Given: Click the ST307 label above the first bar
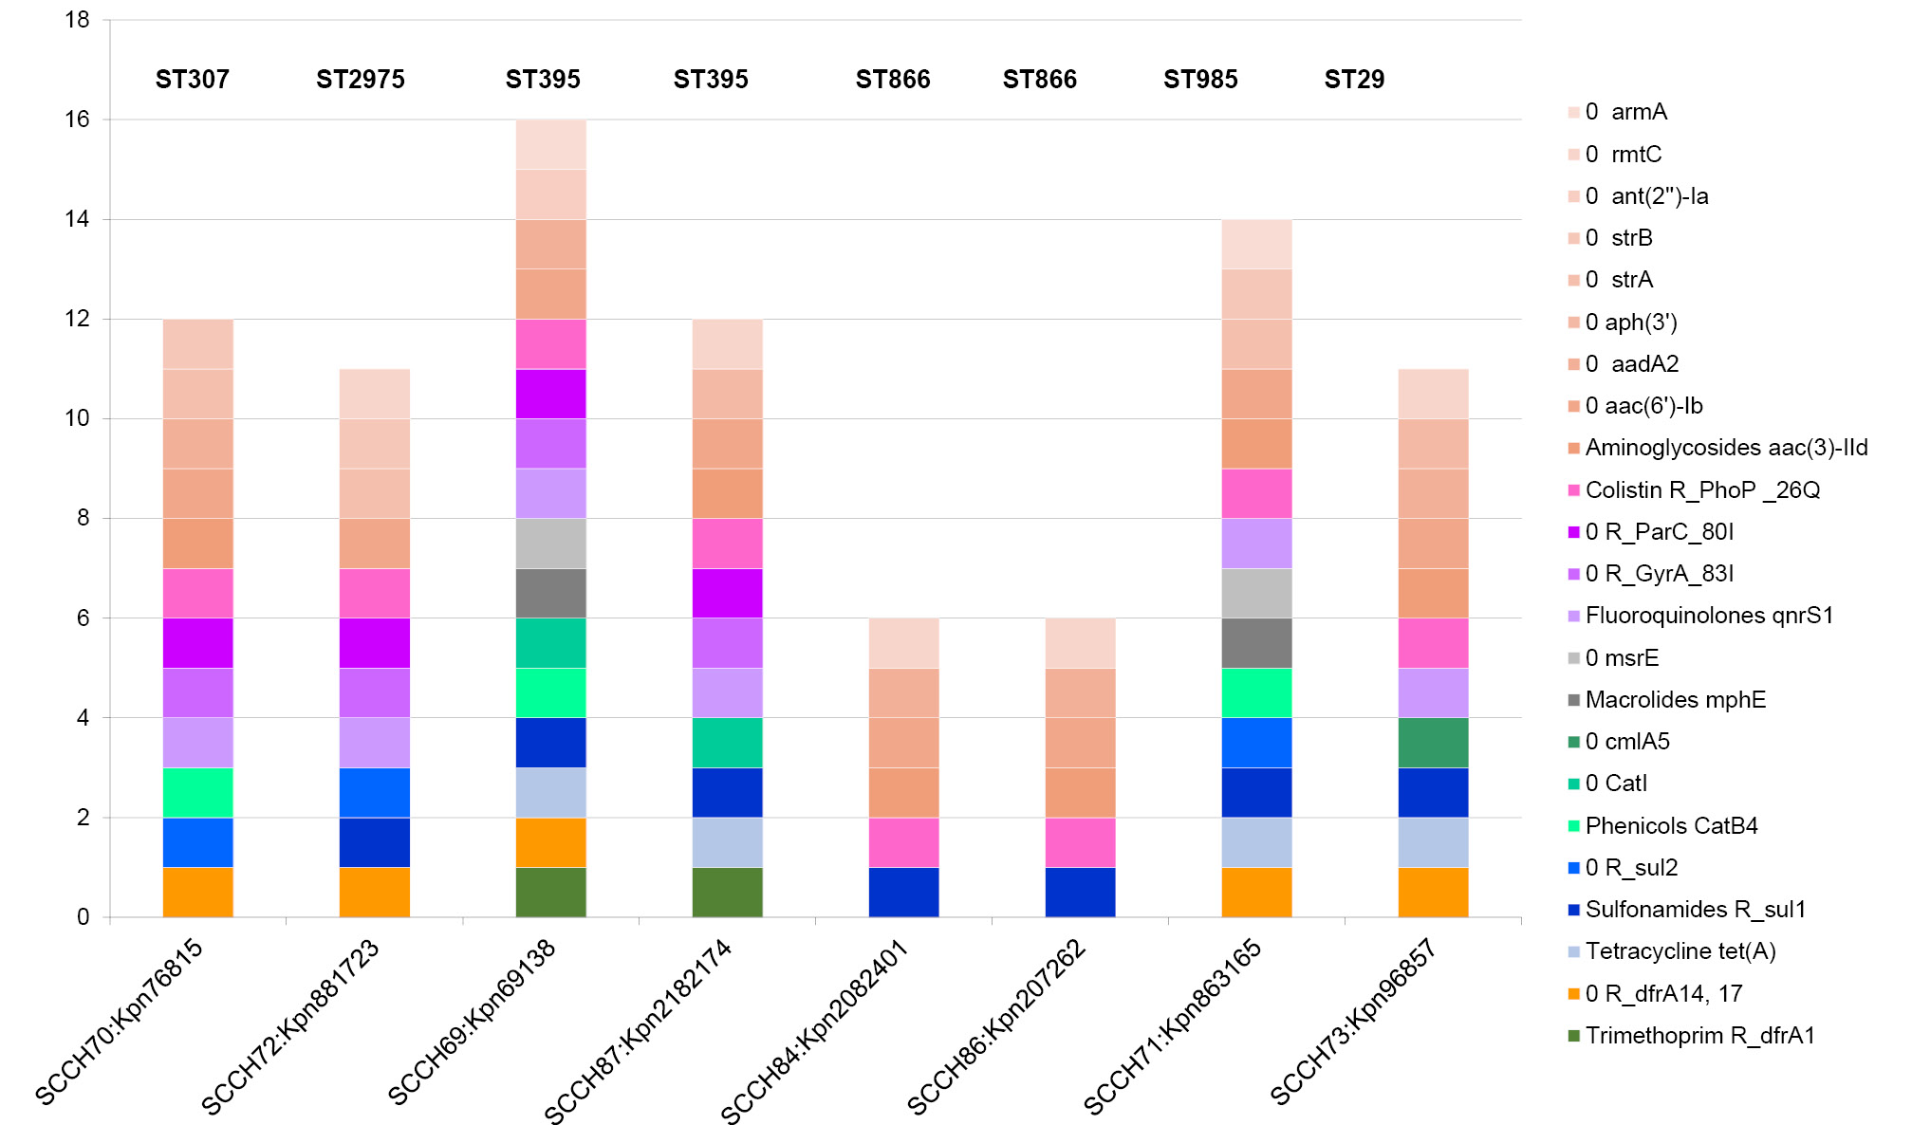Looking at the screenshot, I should coord(193,80).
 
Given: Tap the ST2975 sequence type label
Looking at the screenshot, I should coord(361,80).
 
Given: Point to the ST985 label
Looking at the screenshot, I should coord(1200,80).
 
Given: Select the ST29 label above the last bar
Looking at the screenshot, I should coord(1354,80).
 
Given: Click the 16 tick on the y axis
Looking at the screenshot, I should coord(77,120).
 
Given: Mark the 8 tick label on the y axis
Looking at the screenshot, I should coord(84,518).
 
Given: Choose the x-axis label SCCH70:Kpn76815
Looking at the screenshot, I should coord(120,1021).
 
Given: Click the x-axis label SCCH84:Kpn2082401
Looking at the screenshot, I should coord(815,1029).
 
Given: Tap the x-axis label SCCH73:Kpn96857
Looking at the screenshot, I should coord(1353,1021).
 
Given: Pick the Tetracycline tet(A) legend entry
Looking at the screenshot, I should coord(1680,951).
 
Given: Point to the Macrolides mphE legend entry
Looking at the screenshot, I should coord(1675,700).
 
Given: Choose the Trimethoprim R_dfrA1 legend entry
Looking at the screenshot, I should coord(1699,1036).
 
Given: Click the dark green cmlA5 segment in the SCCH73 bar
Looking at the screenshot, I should coord(1433,743).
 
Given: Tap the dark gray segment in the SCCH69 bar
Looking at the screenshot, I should coord(551,593).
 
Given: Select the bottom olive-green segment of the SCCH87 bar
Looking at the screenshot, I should coord(728,892).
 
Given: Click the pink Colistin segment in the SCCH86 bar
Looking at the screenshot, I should coord(1081,842).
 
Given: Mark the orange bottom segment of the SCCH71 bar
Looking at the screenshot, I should coord(1257,892).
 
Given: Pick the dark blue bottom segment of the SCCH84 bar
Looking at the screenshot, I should coord(904,892).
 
